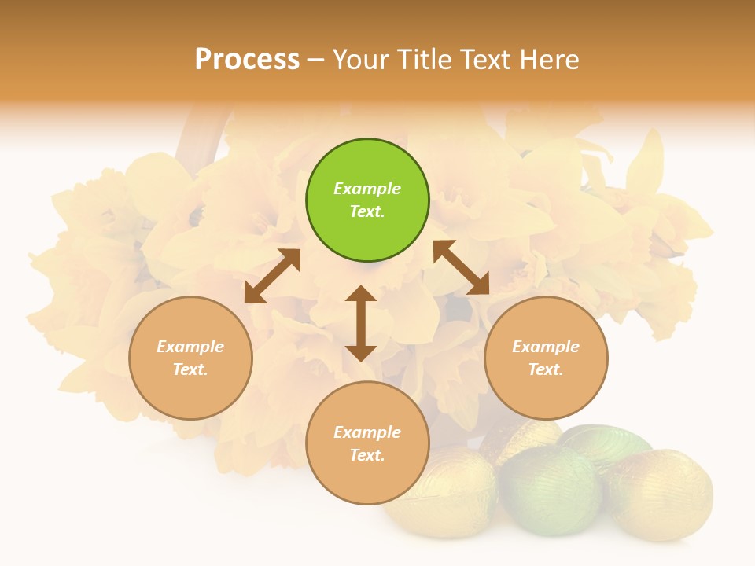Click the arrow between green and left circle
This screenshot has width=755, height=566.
pos(272,276)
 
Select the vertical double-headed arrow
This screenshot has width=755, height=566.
pos(361,323)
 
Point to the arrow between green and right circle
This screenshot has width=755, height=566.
pos(461,267)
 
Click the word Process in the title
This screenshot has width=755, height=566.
pos(247,59)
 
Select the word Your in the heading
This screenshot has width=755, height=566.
pos(361,59)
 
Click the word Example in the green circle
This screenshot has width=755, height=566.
pos(367,189)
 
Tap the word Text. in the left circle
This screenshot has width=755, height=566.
pos(190,369)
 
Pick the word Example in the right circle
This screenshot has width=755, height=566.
pos(546,347)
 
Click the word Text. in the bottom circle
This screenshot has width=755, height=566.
pos(367,455)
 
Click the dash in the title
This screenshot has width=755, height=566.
pos(316,60)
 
